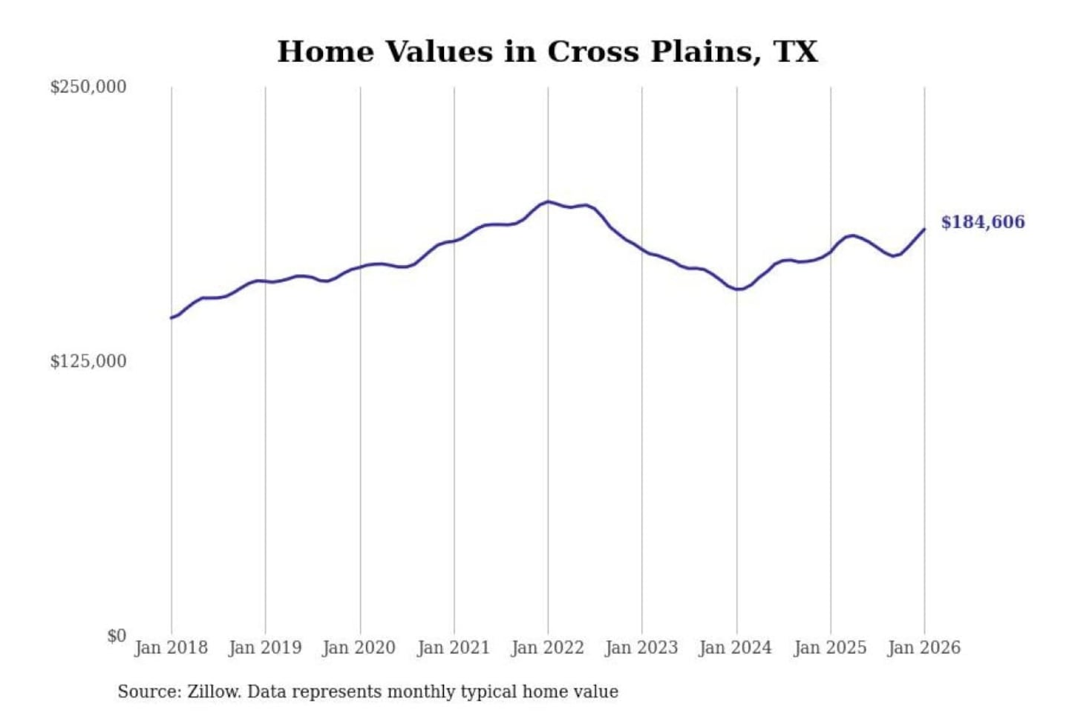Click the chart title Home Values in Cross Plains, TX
(x=548, y=52)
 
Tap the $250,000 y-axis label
(x=88, y=87)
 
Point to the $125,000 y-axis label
(x=88, y=362)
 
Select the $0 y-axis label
(x=117, y=636)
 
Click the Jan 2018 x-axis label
(x=171, y=648)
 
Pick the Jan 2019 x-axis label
(x=265, y=648)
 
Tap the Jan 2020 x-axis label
(x=359, y=648)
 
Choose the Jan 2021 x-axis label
(x=454, y=648)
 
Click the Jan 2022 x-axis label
(x=548, y=648)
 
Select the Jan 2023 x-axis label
(x=641, y=648)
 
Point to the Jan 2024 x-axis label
(x=736, y=648)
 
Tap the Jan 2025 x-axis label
(x=830, y=648)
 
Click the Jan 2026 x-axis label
(x=924, y=648)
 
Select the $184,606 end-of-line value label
(x=983, y=222)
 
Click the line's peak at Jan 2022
(x=548, y=201)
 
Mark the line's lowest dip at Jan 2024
(x=737, y=289)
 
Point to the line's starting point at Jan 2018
(x=171, y=318)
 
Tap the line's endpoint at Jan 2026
(x=924, y=229)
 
